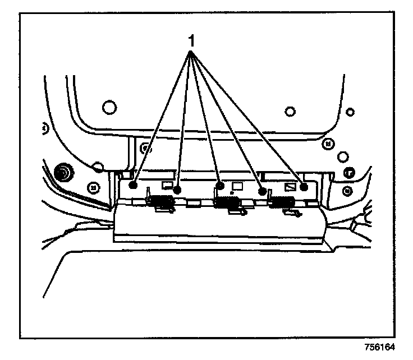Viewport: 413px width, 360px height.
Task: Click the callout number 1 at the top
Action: click(191, 41)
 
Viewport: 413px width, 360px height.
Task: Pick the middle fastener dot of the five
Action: click(220, 186)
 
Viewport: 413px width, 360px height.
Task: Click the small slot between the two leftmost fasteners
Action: click(166, 184)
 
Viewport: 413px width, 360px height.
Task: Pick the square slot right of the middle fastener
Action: click(237, 184)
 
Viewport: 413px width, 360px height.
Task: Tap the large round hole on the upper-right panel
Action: click(289, 110)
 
